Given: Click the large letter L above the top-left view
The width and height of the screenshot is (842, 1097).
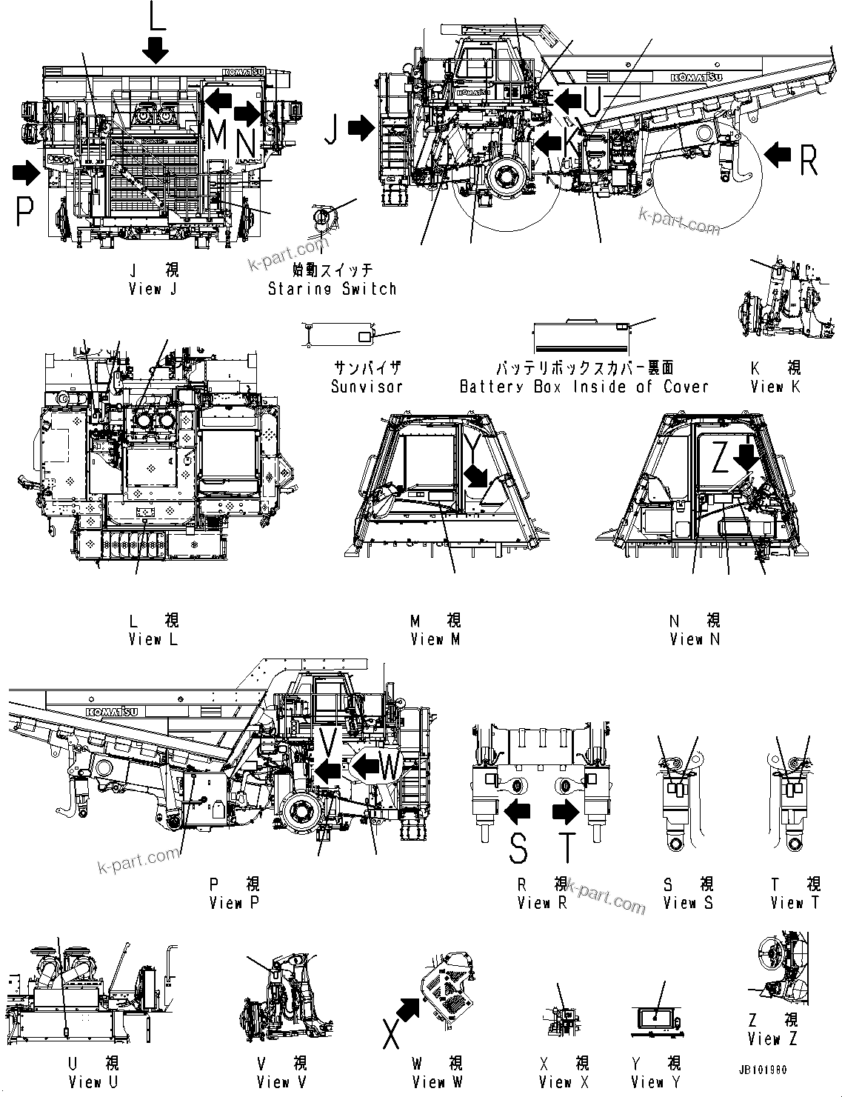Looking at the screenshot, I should (156, 16).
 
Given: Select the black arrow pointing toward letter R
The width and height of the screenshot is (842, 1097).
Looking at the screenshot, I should (778, 155).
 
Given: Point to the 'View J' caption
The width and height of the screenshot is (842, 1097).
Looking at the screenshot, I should (153, 289).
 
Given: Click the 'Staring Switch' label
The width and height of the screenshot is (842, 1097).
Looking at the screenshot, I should (332, 289).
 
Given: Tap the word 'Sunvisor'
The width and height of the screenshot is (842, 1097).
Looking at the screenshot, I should (367, 387).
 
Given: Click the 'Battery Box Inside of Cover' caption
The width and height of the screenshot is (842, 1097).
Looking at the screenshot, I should (584, 387).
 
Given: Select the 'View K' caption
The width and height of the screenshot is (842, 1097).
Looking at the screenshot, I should (775, 387).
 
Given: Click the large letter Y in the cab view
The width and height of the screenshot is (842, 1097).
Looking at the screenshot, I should (472, 450).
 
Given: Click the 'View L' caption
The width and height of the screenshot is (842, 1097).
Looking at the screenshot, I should (153, 639).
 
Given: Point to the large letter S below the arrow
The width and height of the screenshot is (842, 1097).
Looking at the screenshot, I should (519, 848).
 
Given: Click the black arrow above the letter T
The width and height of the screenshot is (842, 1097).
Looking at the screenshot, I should (567, 813).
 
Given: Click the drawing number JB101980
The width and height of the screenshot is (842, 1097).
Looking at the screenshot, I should (762, 1070).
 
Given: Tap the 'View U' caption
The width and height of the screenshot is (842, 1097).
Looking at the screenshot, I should (93, 1082).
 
